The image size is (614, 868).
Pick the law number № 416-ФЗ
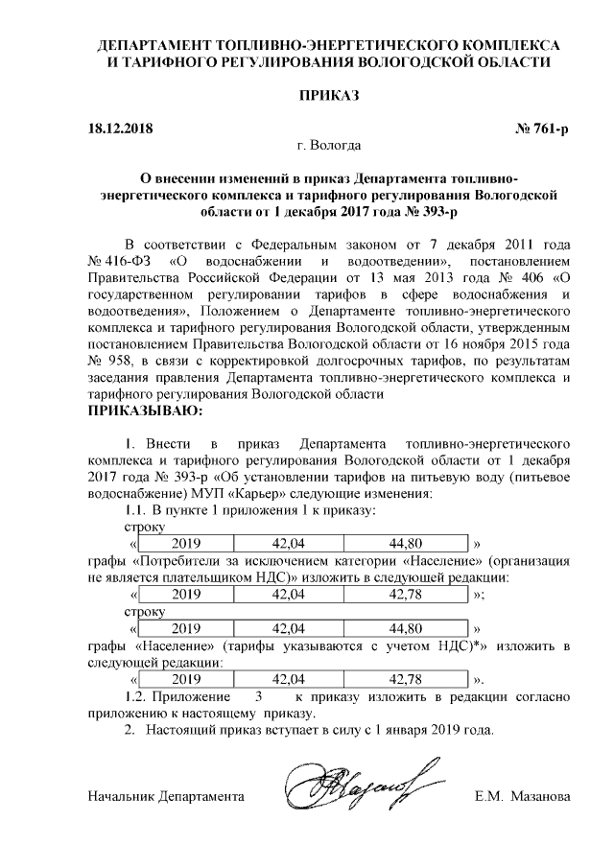click(x=120, y=261)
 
